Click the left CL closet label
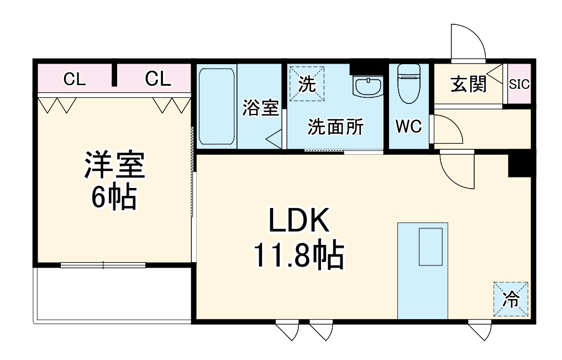(74, 80)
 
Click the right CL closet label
(158, 80)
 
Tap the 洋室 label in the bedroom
(114, 165)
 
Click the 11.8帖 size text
(299, 255)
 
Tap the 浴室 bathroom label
(260, 108)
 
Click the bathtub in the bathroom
(217, 106)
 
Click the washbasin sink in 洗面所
(367, 87)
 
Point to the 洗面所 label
(335, 127)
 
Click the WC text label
(408, 127)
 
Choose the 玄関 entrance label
(469, 84)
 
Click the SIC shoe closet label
(519, 84)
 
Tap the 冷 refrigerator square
(511, 299)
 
